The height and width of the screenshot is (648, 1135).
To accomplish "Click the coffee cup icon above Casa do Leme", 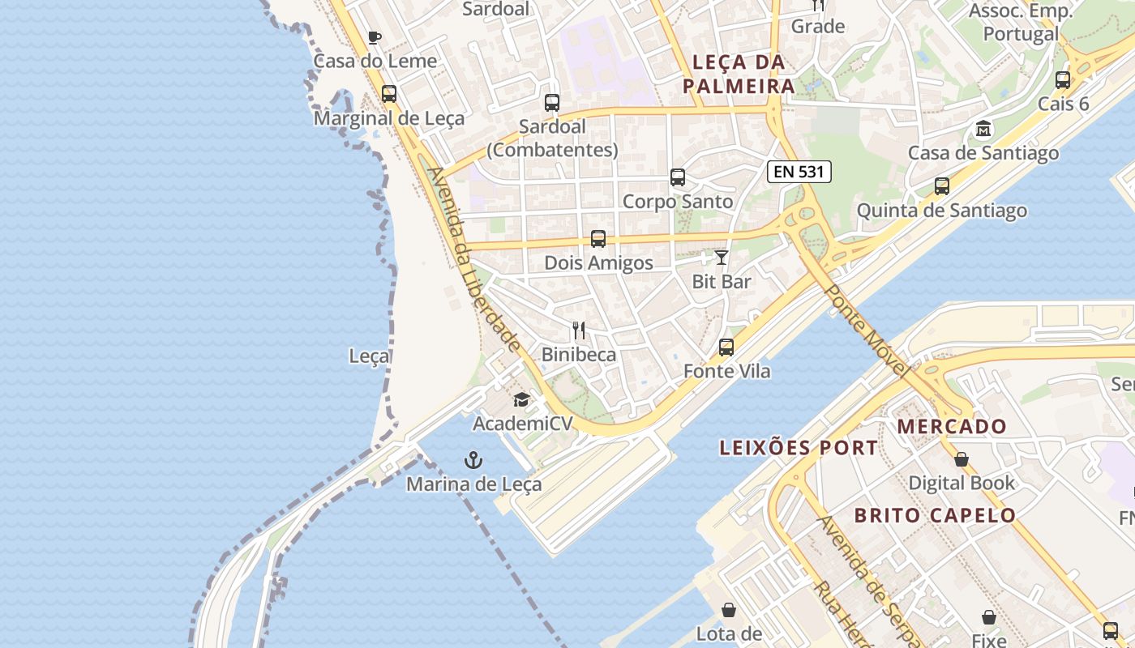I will (x=374, y=37).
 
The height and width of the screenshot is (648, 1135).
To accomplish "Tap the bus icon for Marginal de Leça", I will (x=389, y=94).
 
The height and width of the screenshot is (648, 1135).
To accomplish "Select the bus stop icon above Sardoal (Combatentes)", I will (x=552, y=103).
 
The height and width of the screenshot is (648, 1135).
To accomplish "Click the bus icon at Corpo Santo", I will (x=678, y=177).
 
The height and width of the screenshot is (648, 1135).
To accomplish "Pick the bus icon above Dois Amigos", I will (x=598, y=239).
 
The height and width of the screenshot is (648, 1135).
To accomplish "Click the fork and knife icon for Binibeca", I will (x=579, y=330).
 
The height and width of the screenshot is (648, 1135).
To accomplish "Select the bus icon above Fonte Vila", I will (x=726, y=347).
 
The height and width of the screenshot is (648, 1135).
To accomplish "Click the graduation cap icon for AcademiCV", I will (x=521, y=400).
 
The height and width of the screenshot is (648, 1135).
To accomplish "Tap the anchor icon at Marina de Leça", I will (x=473, y=461).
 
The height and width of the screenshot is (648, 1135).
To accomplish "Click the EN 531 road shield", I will (x=799, y=171).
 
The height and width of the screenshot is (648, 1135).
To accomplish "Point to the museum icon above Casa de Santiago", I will (x=983, y=129).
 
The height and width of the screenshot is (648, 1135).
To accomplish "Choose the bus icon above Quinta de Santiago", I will (x=942, y=186).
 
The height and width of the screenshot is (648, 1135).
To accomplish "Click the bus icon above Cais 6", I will (x=1063, y=80).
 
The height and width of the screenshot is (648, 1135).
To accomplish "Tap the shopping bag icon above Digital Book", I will (x=962, y=459).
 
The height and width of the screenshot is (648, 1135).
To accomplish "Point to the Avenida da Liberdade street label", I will (x=474, y=259).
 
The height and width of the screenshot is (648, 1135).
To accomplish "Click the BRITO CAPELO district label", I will (x=935, y=515).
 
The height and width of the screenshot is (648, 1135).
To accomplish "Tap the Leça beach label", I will (x=369, y=356).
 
